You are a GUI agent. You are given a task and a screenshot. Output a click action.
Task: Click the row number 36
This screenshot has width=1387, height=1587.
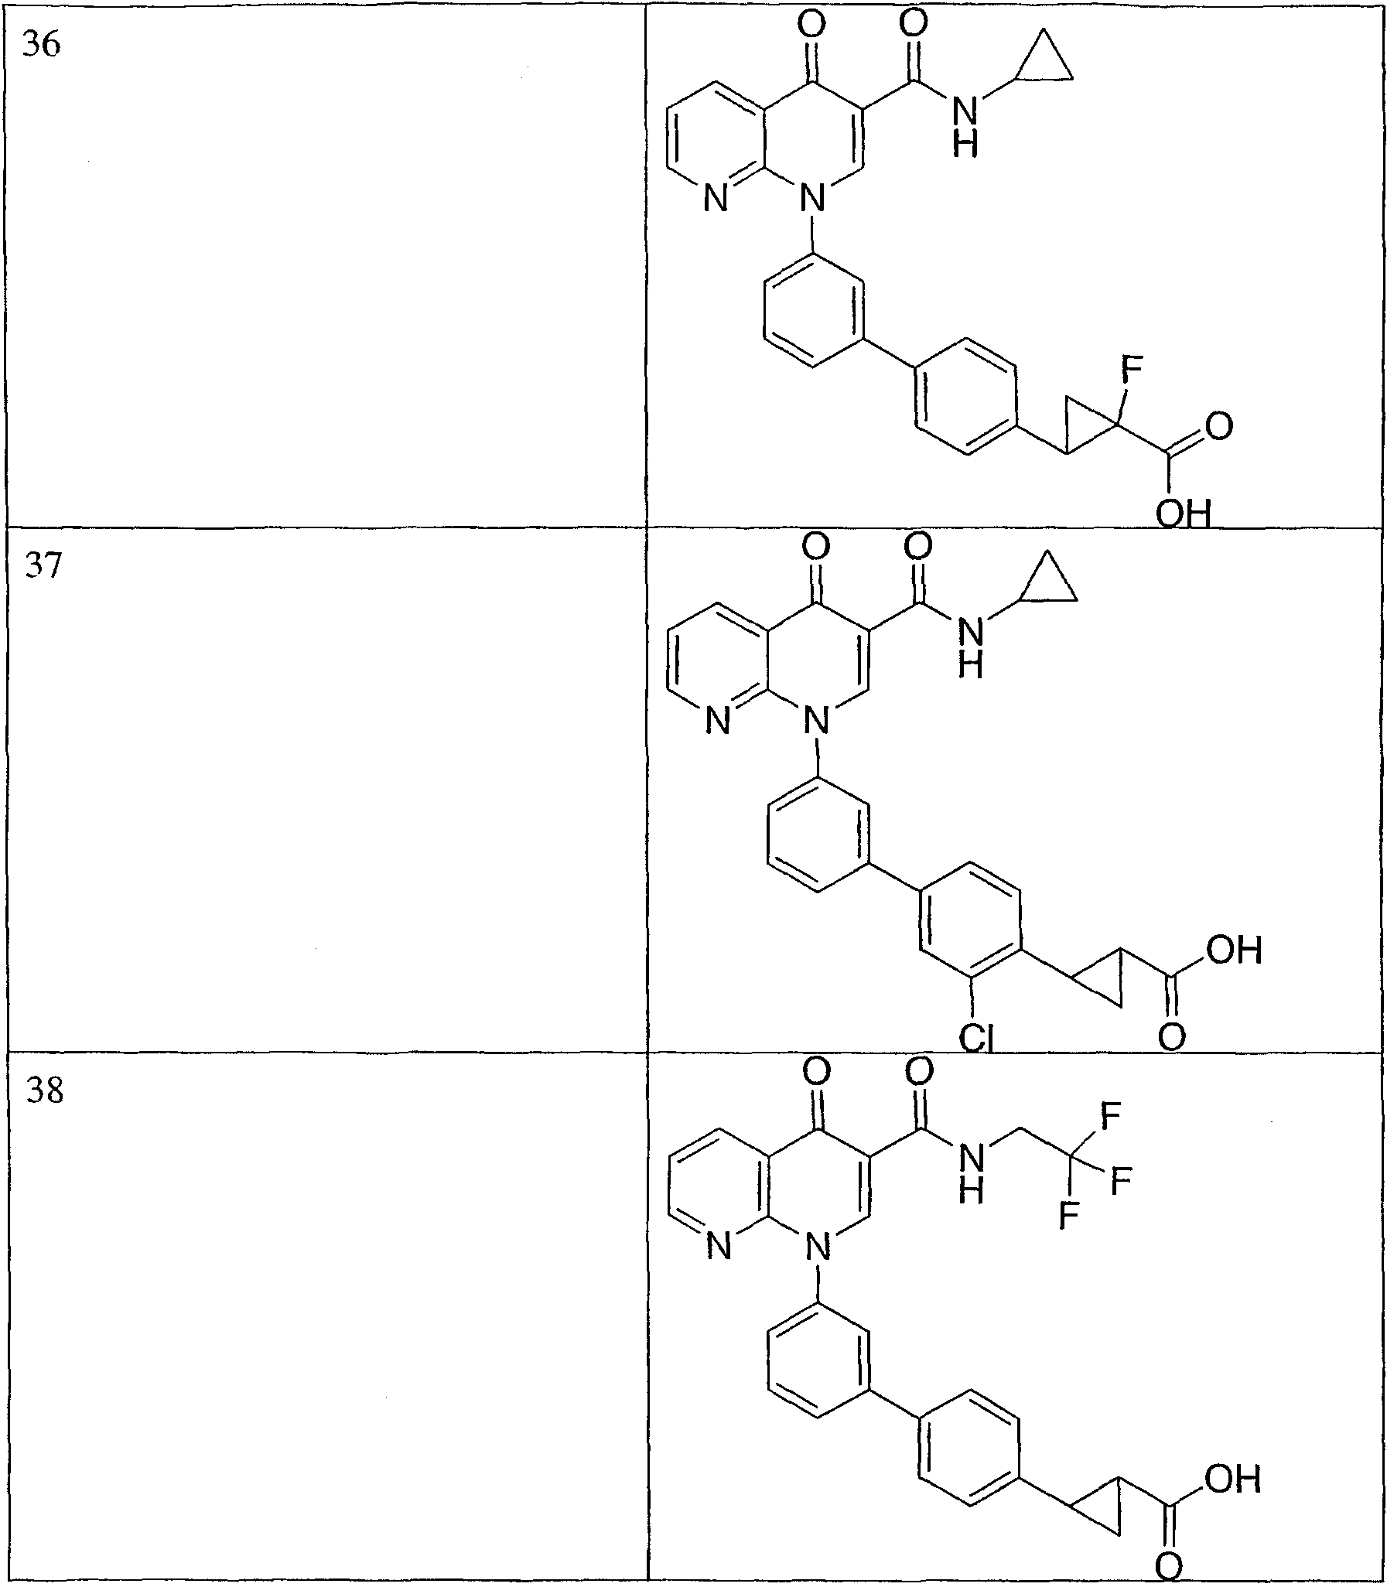(42, 44)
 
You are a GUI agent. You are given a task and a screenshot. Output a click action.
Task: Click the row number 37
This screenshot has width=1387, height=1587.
(43, 565)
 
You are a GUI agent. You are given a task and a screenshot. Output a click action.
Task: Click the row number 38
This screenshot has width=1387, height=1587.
(45, 1091)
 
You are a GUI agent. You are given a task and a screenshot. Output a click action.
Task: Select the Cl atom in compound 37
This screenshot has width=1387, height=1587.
(976, 1038)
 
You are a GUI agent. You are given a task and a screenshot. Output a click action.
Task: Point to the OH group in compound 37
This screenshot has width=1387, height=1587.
(1234, 950)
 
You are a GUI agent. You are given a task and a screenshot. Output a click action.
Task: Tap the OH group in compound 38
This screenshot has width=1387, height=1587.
(1233, 1479)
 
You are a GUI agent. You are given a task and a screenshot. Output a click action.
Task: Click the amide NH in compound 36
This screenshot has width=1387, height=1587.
(966, 126)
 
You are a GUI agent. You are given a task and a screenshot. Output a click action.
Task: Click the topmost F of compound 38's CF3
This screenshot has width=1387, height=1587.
(1110, 1116)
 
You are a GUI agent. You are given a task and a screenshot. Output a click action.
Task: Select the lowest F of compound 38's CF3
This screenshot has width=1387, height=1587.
(1069, 1215)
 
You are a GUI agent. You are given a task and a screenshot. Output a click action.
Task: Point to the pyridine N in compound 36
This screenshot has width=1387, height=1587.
(716, 200)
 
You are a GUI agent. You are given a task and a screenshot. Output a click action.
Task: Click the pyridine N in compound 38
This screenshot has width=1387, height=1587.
(719, 1247)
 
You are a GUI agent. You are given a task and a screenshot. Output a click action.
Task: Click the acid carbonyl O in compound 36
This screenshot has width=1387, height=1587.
(1219, 426)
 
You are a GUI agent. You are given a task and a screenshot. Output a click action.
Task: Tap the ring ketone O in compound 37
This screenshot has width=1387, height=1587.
(815, 547)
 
